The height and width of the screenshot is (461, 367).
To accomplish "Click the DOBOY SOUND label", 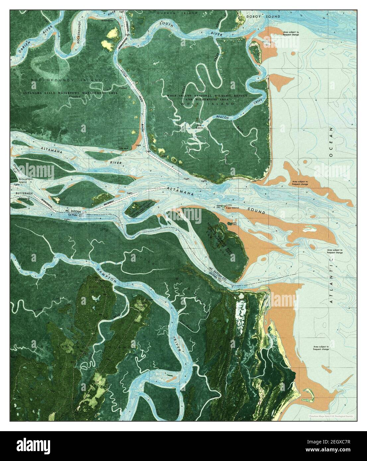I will coord(268,16).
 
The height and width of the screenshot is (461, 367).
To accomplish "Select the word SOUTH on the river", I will coord(167,23).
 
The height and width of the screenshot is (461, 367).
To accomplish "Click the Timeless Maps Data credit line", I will coord(330,416).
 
